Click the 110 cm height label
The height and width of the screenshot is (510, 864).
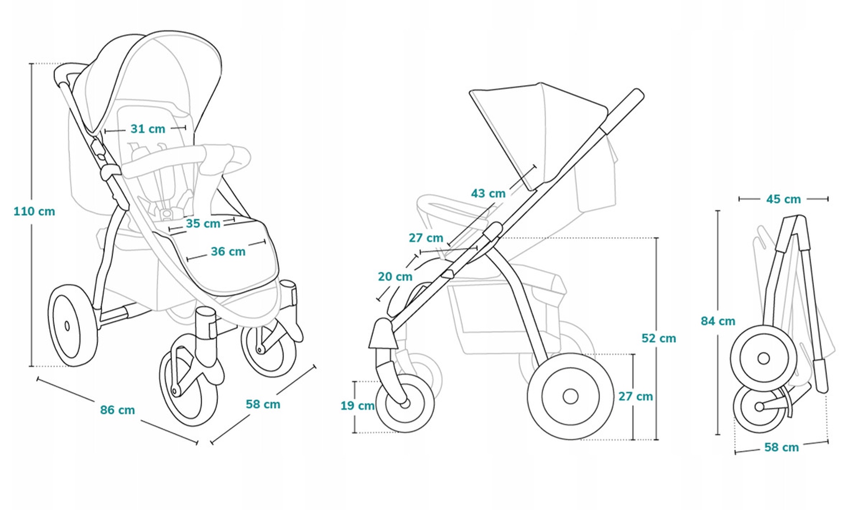(x=34, y=211)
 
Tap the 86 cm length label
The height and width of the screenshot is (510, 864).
(x=118, y=410)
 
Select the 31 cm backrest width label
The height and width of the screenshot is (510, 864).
(x=148, y=129)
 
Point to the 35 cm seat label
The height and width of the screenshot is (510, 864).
(x=203, y=224)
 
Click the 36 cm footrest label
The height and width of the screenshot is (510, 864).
(x=228, y=251)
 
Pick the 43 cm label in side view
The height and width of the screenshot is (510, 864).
(x=488, y=193)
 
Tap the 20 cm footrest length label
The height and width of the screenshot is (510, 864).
(x=395, y=277)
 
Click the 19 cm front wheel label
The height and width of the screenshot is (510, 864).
(x=357, y=406)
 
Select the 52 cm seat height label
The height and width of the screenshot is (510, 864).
(x=659, y=338)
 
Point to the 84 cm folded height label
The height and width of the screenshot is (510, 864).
(x=718, y=321)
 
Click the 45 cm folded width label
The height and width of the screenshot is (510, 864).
(x=784, y=199)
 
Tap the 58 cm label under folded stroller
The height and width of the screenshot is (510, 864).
(x=781, y=447)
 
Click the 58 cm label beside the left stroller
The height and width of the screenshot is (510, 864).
(x=263, y=404)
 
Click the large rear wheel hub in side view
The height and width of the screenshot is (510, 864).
(x=571, y=396)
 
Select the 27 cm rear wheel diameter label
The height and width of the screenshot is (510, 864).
(x=635, y=397)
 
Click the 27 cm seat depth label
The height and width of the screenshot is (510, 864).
(x=426, y=238)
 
